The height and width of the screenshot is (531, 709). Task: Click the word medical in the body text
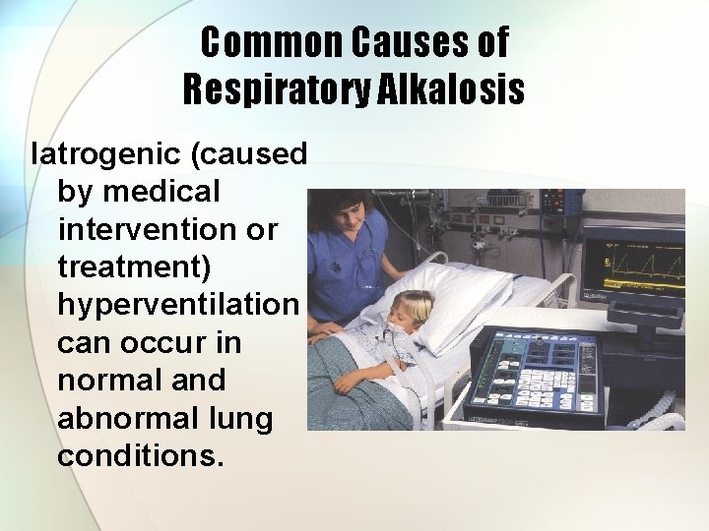(x=166, y=192)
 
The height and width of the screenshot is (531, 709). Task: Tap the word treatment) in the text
(x=143, y=266)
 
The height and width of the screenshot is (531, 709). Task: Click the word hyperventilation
(x=177, y=305)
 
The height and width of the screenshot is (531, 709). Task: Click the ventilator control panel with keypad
(x=537, y=374)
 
